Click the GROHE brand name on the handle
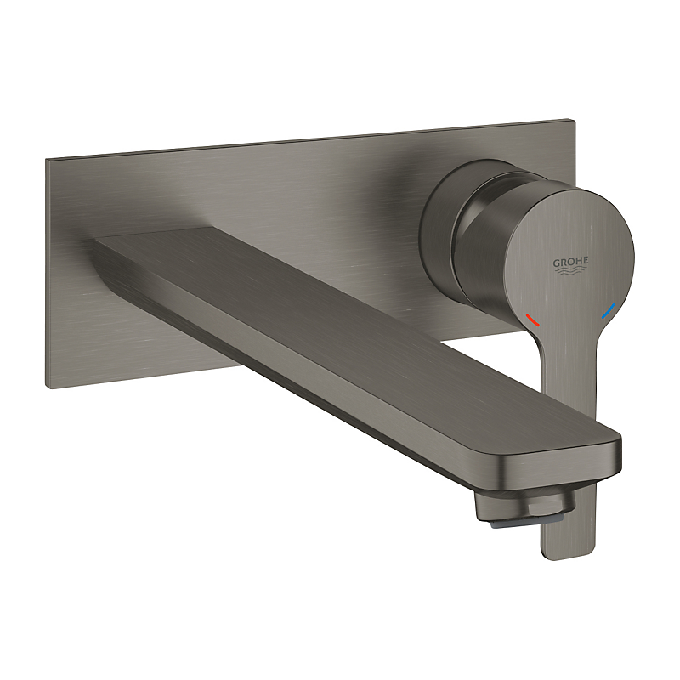[571, 262]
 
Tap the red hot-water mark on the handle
[533, 320]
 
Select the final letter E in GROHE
[586, 262]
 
